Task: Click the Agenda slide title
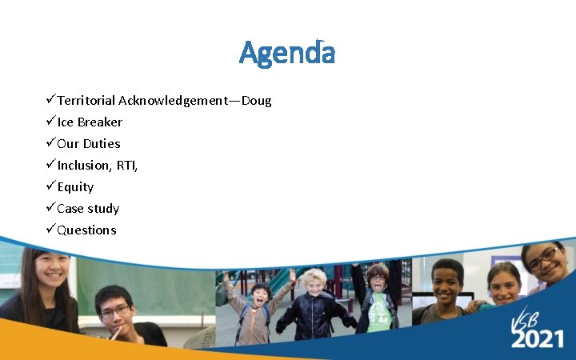point(287,54)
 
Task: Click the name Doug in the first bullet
point(256,101)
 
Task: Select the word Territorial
point(86,101)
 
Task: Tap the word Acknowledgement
point(173,101)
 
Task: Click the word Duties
point(102,144)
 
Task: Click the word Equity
point(75,187)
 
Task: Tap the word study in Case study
point(104,209)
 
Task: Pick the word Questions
point(86,230)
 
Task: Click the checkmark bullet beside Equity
point(50,186)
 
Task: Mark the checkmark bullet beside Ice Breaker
point(50,122)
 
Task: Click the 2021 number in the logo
point(538,338)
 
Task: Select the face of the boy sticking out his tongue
point(376,282)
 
